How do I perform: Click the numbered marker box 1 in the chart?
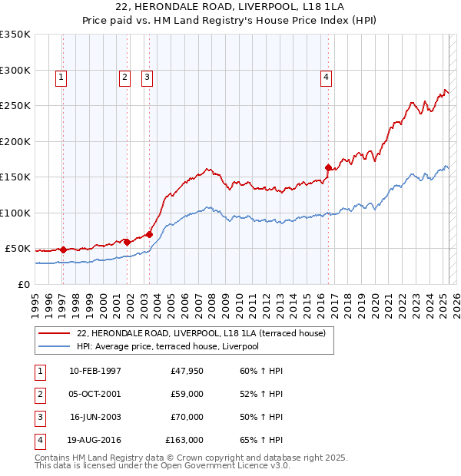pyautogui.click(x=61, y=76)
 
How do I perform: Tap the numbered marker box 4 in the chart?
pyautogui.click(x=327, y=76)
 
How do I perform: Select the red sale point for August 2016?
pyautogui.click(x=328, y=167)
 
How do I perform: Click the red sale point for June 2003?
pyautogui.click(x=149, y=234)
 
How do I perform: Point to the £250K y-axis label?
pyautogui.click(x=15, y=105)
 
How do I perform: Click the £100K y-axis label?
pyautogui.click(x=15, y=213)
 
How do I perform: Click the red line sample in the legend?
pyautogui.click(x=54, y=333)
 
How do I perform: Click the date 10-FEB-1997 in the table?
pyautogui.click(x=95, y=371)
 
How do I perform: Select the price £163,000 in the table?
pyautogui.click(x=184, y=440)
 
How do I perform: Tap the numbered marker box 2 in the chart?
pyautogui.click(x=124, y=76)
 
